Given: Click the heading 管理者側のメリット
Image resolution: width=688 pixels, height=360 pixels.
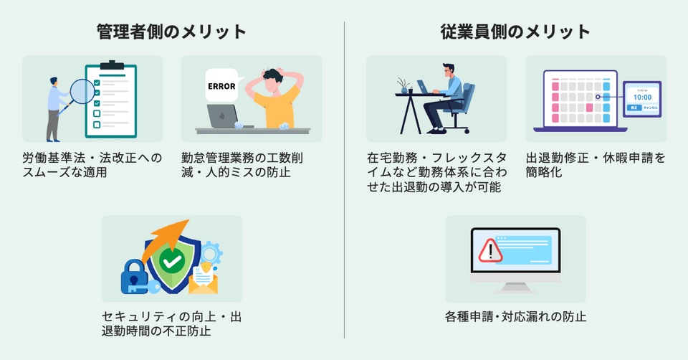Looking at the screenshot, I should [171, 32].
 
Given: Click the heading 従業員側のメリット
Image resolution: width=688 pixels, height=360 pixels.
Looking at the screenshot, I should [515, 32].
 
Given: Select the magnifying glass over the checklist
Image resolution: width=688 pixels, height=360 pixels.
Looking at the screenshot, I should [82, 92].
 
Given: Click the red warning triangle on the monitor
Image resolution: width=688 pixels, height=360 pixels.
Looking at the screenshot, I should [490, 250].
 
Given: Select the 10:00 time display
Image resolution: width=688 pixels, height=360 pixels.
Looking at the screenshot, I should [642, 97].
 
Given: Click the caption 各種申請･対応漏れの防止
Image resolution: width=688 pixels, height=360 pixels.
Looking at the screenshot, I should [515, 316].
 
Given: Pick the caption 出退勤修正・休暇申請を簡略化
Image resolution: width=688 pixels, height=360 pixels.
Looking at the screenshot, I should [596, 165].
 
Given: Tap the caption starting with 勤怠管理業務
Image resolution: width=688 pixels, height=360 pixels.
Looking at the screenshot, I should [252, 165].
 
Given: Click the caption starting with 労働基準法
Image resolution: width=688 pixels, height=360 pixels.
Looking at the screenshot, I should [92, 165].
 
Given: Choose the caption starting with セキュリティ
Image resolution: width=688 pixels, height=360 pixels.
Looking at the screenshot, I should [171, 324].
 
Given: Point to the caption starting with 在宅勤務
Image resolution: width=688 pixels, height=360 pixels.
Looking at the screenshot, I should [436, 173].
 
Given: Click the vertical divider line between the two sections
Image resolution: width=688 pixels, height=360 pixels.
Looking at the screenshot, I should [344, 179].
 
